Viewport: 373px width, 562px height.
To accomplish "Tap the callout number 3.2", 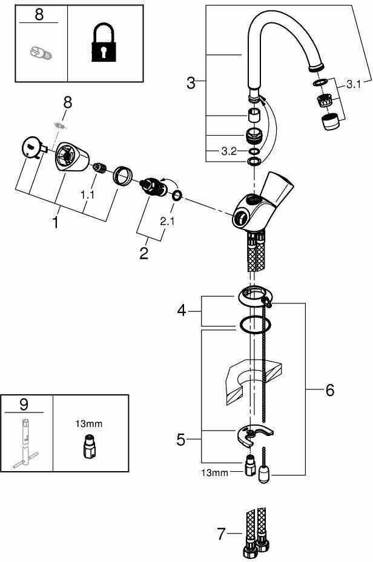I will click(x=229, y=151).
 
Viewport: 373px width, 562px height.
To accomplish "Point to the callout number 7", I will click(x=221, y=534).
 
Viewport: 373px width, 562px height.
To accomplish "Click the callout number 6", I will click(x=329, y=390).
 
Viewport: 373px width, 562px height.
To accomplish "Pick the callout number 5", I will click(x=180, y=439).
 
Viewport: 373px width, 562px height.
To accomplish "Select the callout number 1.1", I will click(x=88, y=196).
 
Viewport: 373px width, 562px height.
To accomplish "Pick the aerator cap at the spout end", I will click(x=329, y=122).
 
